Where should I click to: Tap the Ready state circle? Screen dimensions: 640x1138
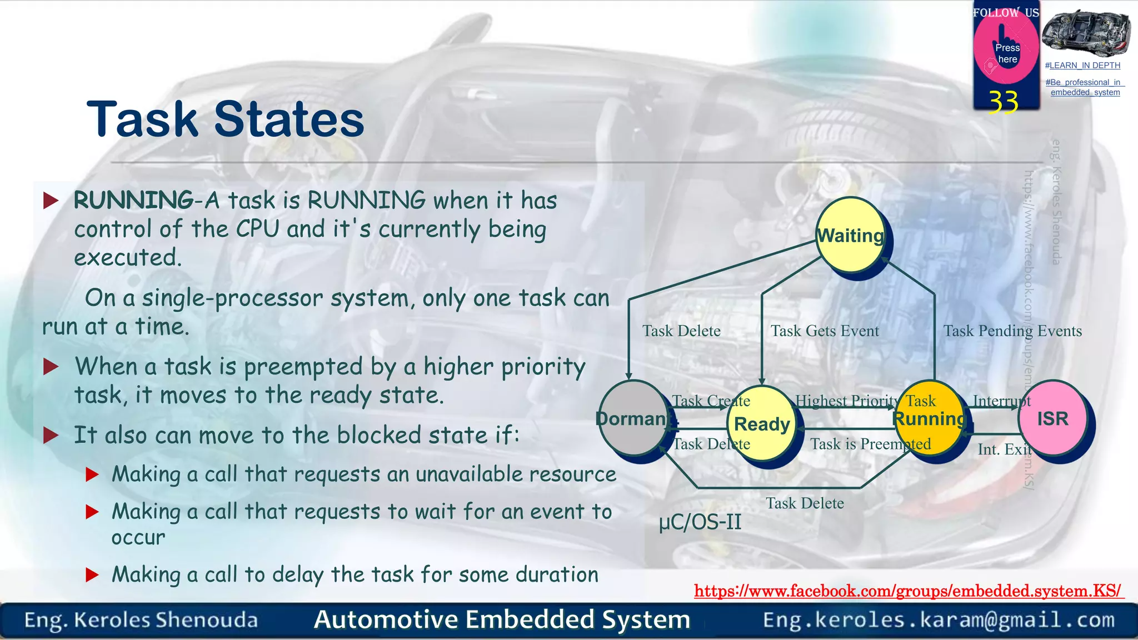762,424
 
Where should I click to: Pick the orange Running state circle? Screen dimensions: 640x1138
929,418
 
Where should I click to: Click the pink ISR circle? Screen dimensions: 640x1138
1052,418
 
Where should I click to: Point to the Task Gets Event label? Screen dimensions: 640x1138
825,331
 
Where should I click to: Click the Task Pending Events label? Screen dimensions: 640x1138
1012,331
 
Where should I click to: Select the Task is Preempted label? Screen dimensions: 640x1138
870,444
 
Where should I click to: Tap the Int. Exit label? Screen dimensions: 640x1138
1004,449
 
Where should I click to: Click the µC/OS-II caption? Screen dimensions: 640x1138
700,522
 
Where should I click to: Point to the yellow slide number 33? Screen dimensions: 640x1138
1003,102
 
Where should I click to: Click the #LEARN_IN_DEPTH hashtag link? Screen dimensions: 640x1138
1082,66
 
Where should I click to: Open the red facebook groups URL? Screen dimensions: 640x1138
908,591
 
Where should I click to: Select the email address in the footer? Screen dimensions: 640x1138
939,619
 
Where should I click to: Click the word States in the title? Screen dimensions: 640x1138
289,119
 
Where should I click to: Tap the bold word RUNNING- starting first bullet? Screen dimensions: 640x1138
133,200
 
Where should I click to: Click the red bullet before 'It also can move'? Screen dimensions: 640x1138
51,435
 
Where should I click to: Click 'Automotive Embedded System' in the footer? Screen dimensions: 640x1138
502,619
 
